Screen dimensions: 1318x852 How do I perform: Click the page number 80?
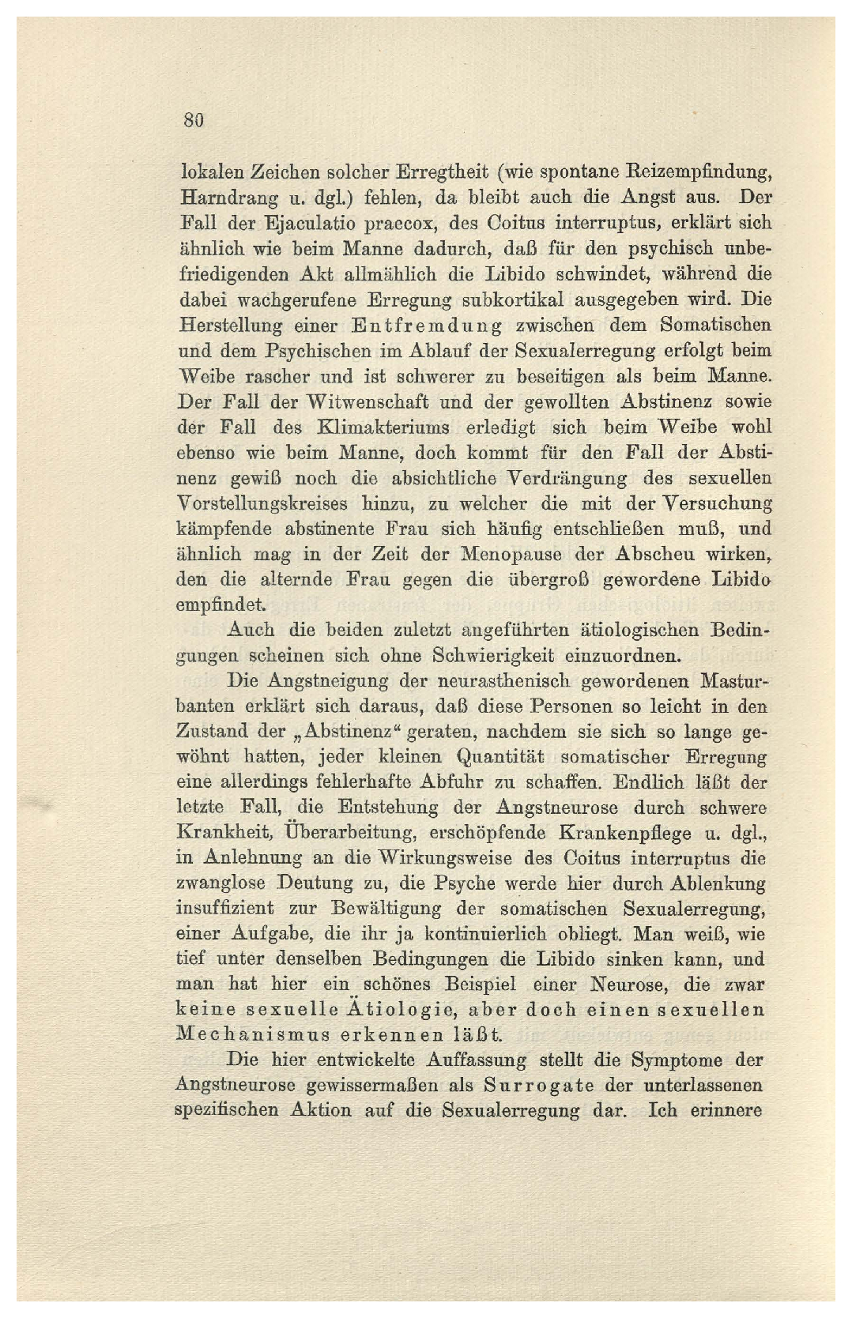(194, 120)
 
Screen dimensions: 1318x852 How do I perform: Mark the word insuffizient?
(225, 909)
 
